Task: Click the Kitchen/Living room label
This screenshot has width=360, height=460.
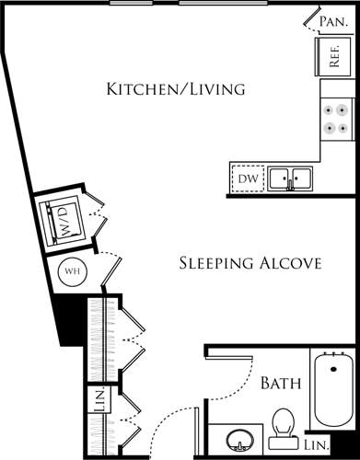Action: coord(176,89)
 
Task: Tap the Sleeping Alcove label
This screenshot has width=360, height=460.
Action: coord(249,263)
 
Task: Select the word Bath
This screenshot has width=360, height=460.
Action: coord(278,383)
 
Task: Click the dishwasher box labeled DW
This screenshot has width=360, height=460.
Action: coord(248,178)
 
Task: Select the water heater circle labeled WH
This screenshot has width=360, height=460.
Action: coord(73,272)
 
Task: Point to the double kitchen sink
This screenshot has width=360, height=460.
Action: coord(289,177)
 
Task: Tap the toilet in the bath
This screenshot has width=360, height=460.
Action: coord(284,425)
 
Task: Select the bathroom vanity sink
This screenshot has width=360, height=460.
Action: coord(240,442)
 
